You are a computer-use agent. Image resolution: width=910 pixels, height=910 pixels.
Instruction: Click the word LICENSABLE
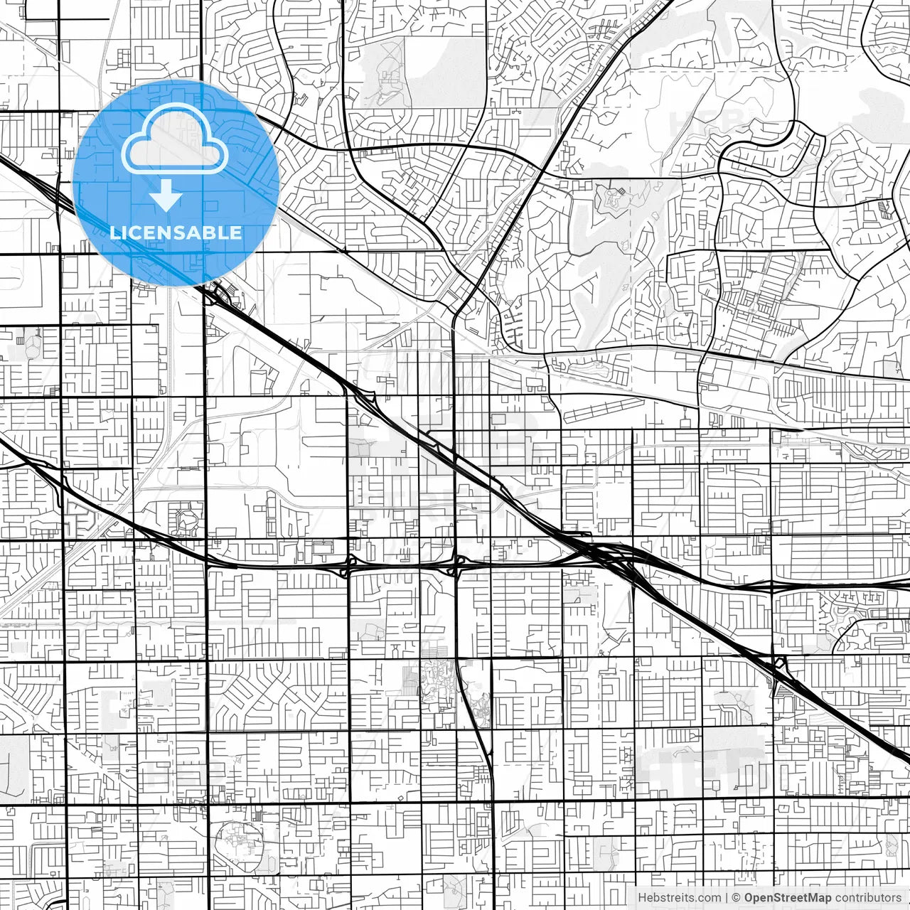click(x=176, y=232)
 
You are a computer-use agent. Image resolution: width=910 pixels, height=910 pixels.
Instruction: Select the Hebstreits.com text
click(x=679, y=898)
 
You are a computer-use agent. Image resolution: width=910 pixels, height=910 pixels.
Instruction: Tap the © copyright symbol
click(x=737, y=898)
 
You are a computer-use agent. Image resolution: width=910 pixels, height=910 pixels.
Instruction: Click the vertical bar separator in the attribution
click(x=727, y=898)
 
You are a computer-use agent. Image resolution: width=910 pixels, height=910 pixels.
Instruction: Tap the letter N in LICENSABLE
click(x=168, y=232)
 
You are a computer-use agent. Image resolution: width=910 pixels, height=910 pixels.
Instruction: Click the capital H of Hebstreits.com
click(x=643, y=898)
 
